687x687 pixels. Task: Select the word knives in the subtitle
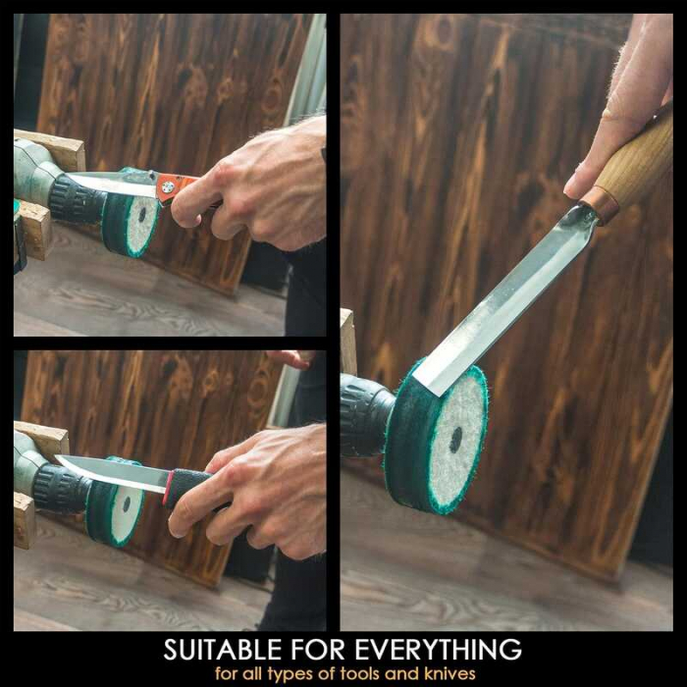pyautogui.click(x=449, y=673)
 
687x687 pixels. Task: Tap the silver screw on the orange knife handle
pyautogui.click(x=166, y=187)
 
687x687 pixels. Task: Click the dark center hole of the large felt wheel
pyautogui.click(x=455, y=440)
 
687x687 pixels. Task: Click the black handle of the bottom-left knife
pyautogui.click(x=188, y=487)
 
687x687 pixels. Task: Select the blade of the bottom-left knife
pyautogui.click(x=112, y=473)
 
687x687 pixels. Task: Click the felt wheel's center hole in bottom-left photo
pyautogui.click(x=127, y=504)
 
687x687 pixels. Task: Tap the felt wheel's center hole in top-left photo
pyautogui.click(x=142, y=215)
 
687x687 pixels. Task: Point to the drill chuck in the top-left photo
pyautogui.click(x=78, y=200)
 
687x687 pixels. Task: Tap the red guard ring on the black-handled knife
pyautogui.click(x=168, y=488)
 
